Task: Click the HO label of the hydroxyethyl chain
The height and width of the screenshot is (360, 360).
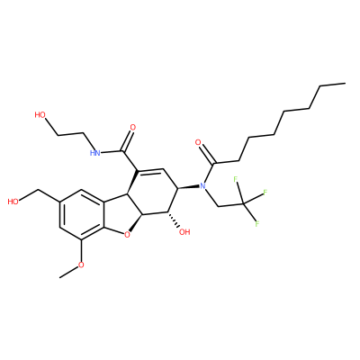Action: (40, 115)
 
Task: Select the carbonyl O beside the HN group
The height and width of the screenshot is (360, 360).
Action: (132, 127)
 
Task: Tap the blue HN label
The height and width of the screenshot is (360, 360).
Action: (94, 153)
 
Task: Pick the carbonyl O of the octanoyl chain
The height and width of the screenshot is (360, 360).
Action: (198, 142)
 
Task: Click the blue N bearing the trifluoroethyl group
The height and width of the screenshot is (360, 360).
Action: (202, 186)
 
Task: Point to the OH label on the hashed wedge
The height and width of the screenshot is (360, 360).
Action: (184, 232)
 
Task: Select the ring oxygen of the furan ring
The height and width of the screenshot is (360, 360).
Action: (128, 234)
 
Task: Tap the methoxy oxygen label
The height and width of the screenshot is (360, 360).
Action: (81, 265)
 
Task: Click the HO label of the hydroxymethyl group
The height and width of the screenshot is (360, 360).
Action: (13, 202)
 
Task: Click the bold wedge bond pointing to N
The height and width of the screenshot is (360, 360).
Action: (188, 187)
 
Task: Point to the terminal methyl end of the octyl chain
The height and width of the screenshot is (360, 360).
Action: (346, 83)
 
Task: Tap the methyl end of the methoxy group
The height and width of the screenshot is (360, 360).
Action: (60, 277)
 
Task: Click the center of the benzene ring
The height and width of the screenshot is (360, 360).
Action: (82, 214)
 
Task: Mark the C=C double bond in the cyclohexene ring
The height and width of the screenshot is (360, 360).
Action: (149, 171)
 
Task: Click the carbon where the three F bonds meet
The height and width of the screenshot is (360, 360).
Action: (243, 204)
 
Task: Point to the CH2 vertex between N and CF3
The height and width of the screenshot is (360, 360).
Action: (218, 206)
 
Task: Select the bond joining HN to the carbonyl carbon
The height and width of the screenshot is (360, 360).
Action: (112, 151)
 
